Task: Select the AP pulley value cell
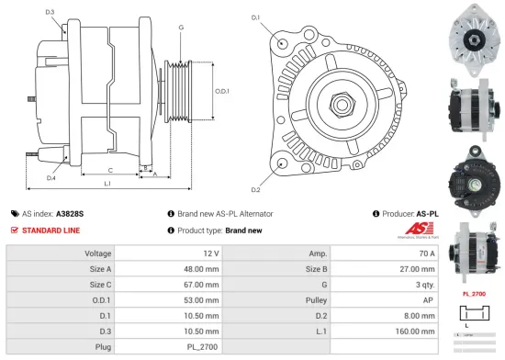click(429, 300)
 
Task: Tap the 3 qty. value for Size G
click(424, 284)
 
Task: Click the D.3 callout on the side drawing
click(50, 12)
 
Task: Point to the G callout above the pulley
click(181, 28)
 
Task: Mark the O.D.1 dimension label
click(221, 90)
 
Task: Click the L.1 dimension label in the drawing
click(107, 185)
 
